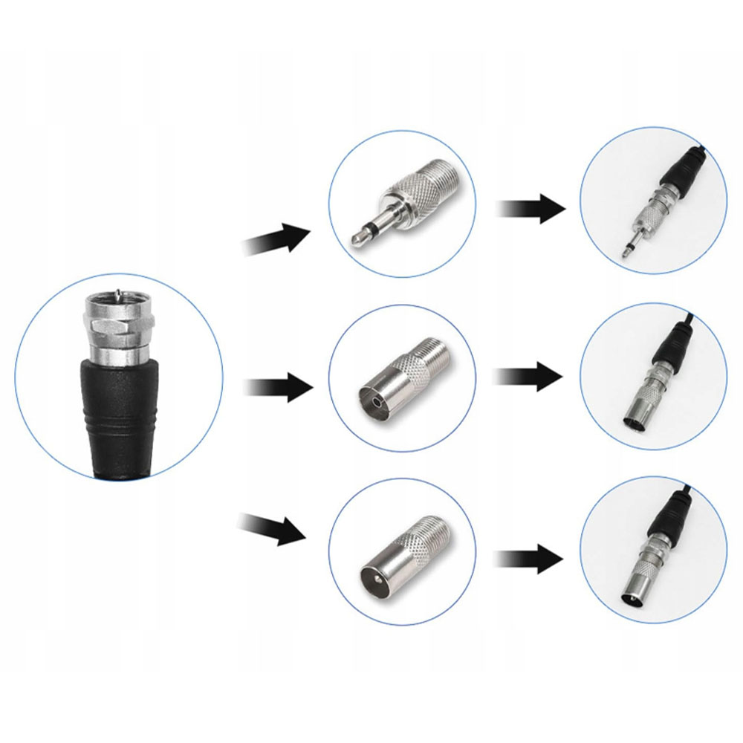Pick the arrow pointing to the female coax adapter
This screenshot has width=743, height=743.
(x=279, y=386)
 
